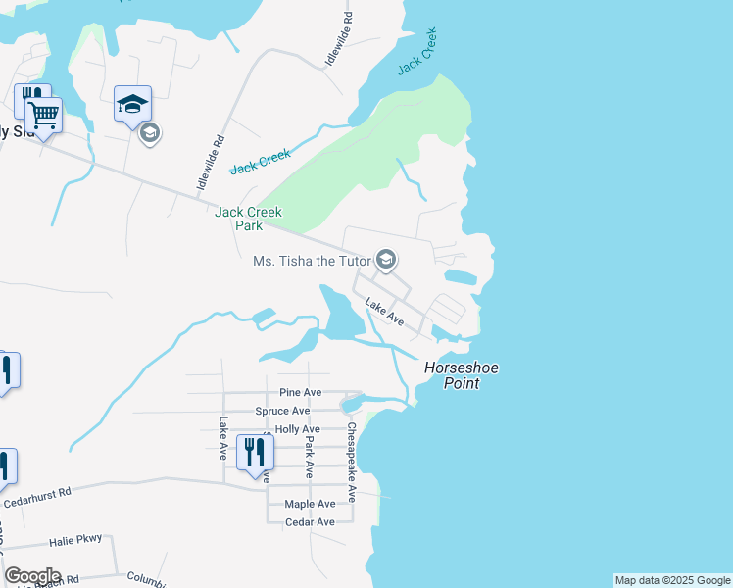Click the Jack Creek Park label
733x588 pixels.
[249, 219]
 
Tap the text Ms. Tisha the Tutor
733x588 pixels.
[312, 261]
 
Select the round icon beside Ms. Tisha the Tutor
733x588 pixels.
[386, 260]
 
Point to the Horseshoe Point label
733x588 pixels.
[462, 375]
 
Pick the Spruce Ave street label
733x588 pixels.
[281, 411]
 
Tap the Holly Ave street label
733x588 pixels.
[298, 429]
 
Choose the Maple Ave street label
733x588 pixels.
[309, 504]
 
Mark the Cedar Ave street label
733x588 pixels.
[309, 521]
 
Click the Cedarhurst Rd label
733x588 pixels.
[38, 498]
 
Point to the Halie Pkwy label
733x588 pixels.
[74, 542]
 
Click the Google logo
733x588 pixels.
[32, 576]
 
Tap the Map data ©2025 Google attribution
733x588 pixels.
[672, 580]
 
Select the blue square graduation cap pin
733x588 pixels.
[133, 104]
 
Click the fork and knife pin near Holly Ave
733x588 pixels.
[255, 452]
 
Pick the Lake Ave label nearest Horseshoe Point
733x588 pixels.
[384, 312]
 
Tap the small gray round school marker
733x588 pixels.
[150, 132]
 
